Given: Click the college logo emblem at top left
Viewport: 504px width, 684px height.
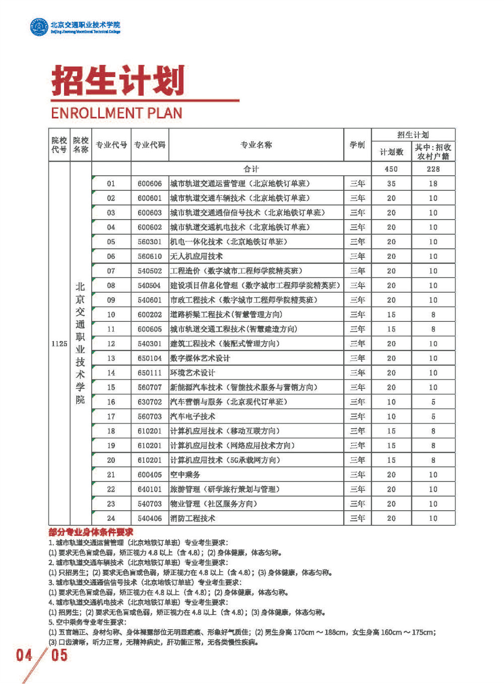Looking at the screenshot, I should pyautogui.click(x=38, y=27).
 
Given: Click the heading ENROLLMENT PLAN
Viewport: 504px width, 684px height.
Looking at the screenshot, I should pyautogui.click(x=116, y=113).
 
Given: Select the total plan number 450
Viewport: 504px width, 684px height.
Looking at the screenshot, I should pyautogui.click(x=391, y=169).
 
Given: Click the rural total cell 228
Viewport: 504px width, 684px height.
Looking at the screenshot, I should pyautogui.click(x=433, y=169).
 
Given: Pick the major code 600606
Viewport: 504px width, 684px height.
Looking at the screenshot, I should pyautogui.click(x=150, y=184).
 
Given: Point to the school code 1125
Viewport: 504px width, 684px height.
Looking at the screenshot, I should pyautogui.click(x=59, y=344).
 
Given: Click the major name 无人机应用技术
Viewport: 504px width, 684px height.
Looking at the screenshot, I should pyautogui.click(x=196, y=256).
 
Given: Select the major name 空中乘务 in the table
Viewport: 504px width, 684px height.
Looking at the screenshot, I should pyautogui.click(x=185, y=474).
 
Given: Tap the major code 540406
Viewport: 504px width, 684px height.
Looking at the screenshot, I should pyautogui.click(x=150, y=518).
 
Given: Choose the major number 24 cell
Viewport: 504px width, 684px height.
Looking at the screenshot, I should pyautogui.click(x=111, y=518).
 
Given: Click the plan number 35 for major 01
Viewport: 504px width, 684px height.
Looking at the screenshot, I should pyautogui.click(x=391, y=184).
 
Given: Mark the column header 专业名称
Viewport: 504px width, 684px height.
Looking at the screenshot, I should pyautogui.click(x=256, y=145).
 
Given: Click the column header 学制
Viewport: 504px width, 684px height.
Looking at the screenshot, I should pyautogui.click(x=357, y=145).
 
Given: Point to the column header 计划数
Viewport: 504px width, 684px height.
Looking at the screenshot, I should pyautogui.click(x=391, y=152).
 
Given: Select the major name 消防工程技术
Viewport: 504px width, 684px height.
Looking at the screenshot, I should pyautogui.click(x=193, y=518).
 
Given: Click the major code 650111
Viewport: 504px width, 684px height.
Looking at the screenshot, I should pyautogui.click(x=150, y=373).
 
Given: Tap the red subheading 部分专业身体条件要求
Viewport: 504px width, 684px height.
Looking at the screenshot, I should pyautogui.click(x=91, y=532).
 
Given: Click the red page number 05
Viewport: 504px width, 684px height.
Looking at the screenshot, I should pyautogui.click(x=59, y=655).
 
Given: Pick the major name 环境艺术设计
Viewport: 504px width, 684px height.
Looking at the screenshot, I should pyautogui.click(x=193, y=373).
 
